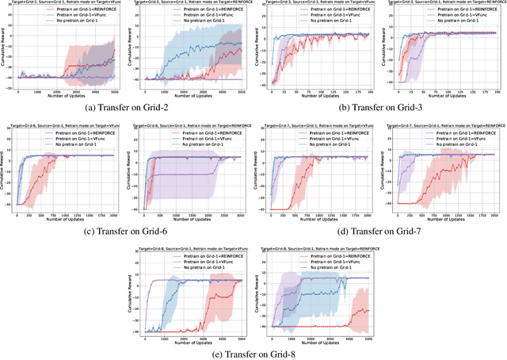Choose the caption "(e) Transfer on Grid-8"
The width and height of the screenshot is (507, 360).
[253, 354]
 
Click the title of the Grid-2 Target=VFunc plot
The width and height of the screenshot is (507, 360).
[63, 4]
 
